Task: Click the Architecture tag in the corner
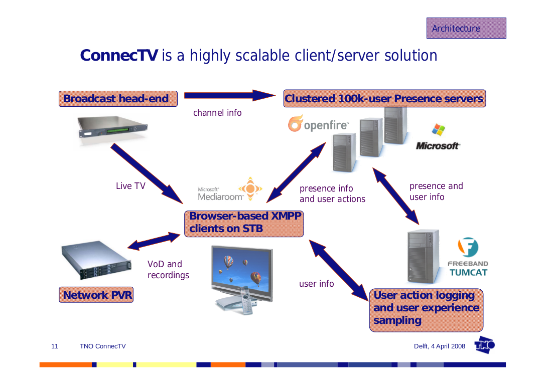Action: [x=466, y=28]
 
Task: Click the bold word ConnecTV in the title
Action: [x=119, y=55]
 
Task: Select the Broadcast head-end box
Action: [x=118, y=99]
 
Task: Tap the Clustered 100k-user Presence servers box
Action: [x=384, y=99]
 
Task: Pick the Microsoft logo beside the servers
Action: [x=438, y=138]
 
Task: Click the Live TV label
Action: [x=130, y=186]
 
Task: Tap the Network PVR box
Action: [x=97, y=295]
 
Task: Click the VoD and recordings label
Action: [x=168, y=270]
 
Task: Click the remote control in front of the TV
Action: [x=246, y=301]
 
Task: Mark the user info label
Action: [x=316, y=284]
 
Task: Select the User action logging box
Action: [x=426, y=308]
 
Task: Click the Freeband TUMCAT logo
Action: [x=468, y=257]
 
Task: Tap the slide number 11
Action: [x=55, y=346]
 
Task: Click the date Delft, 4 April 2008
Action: [x=439, y=346]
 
